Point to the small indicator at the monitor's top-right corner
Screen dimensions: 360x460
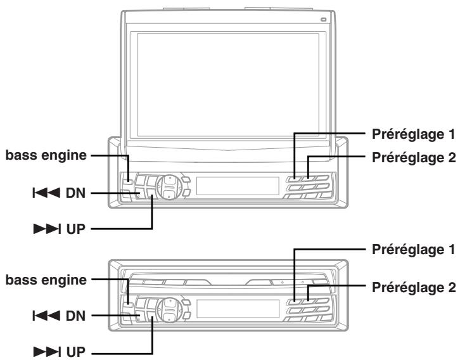pos(324,20)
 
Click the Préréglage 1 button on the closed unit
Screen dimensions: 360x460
pos(294,301)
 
